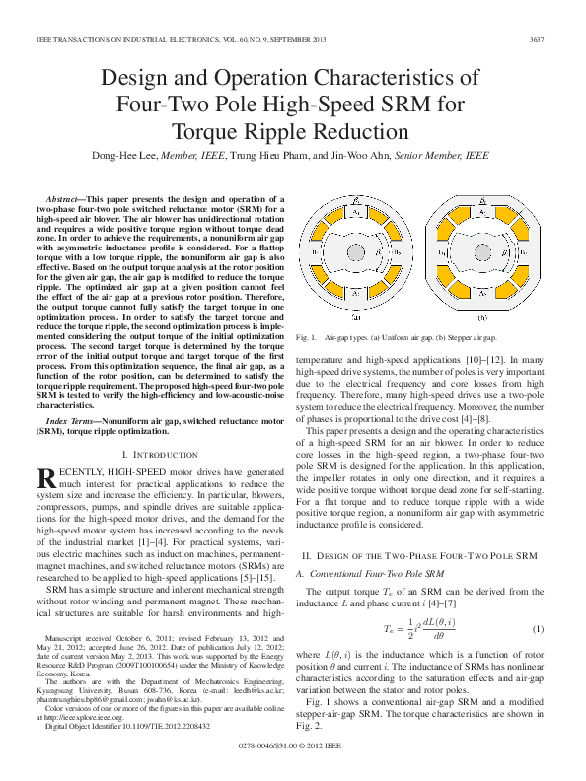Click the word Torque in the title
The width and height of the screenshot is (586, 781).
[208, 130]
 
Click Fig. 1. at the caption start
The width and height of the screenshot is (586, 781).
[304, 338]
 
